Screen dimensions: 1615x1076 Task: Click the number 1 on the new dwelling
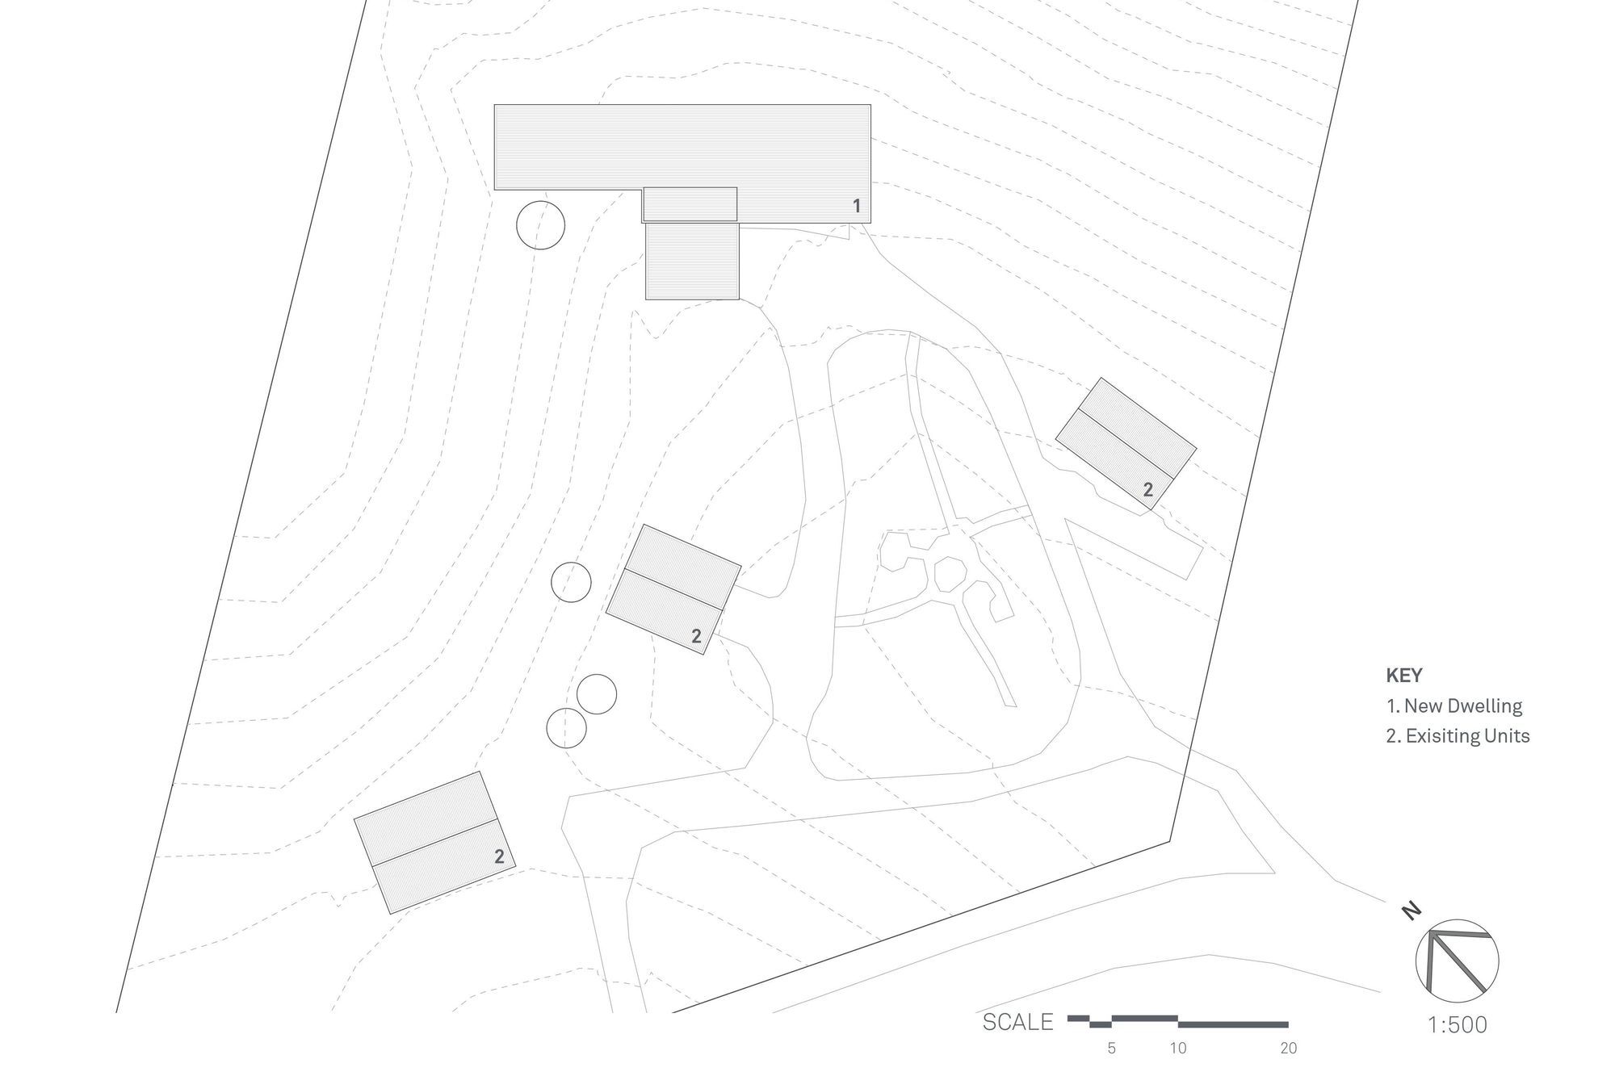click(857, 206)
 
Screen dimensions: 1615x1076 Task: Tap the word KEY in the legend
click(1404, 676)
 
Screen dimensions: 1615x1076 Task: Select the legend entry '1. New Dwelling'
click(1454, 705)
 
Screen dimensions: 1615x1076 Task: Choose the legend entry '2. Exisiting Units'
click(1458, 736)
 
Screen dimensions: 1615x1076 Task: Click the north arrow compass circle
click(1457, 961)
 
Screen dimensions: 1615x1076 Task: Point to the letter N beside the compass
click(1411, 911)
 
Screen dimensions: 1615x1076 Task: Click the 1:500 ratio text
click(1458, 1025)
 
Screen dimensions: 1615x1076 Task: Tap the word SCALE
click(1017, 1022)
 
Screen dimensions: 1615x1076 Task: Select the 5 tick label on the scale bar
click(1112, 1049)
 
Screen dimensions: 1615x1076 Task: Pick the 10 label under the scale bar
click(1178, 1049)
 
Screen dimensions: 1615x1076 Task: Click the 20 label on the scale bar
click(1288, 1049)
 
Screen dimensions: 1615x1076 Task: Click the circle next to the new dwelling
click(540, 224)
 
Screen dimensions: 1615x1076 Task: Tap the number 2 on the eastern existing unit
click(1147, 490)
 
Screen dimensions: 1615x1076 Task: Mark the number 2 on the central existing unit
click(696, 636)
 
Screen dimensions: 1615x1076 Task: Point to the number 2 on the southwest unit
click(499, 856)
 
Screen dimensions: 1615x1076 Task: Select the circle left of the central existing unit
click(571, 582)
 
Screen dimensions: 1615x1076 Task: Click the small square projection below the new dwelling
click(692, 261)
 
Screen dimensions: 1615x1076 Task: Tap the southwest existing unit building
click(435, 843)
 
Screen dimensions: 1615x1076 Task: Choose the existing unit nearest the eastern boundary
click(1126, 443)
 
